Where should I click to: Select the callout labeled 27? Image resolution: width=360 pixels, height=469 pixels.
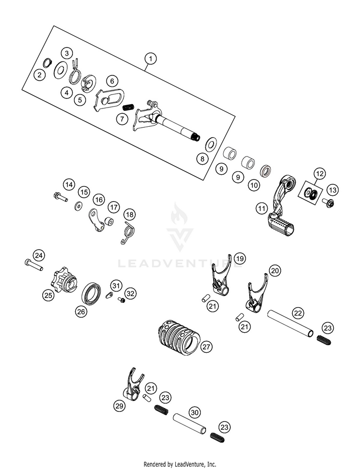pyautogui.click(x=206, y=346)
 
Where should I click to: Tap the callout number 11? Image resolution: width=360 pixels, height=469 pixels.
pyautogui.click(x=261, y=209)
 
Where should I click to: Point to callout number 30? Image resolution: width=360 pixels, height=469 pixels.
pyautogui.click(x=194, y=412)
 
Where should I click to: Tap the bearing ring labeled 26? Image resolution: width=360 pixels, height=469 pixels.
pyautogui.click(x=92, y=293)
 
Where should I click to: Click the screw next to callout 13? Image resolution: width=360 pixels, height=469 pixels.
pyautogui.click(x=330, y=202)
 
